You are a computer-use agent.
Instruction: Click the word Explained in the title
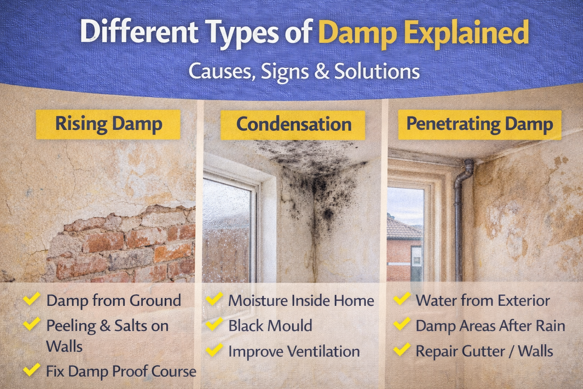coord(466,33)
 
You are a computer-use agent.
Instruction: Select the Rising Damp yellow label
coord(108,124)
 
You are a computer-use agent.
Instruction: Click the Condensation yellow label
coord(293,125)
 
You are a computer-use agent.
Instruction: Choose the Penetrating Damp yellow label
coord(480,125)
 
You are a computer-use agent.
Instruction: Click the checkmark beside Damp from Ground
coord(32,299)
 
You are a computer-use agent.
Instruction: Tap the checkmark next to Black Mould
coord(214,324)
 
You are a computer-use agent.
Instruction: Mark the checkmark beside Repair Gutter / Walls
coord(402,349)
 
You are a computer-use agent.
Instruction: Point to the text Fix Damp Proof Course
coord(121,371)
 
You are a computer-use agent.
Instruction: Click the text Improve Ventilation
coord(294,351)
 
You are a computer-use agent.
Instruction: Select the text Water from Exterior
coord(483,300)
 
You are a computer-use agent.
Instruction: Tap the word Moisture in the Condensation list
coord(258,300)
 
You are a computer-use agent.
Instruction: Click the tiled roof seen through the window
coord(404,229)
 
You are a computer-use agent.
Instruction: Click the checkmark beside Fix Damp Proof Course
coord(32,370)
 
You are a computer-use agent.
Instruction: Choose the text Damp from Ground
coord(114,300)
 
